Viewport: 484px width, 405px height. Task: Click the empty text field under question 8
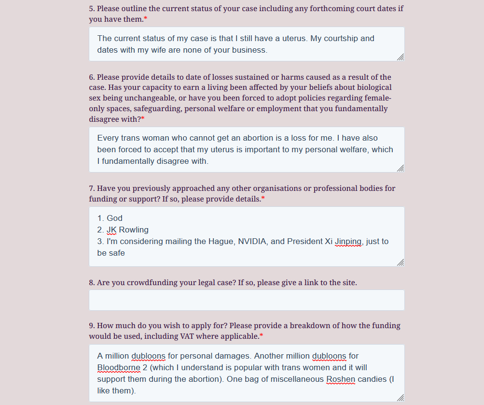click(247, 300)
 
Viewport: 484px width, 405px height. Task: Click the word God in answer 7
click(115, 218)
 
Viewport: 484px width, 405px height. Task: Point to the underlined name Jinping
click(348, 241)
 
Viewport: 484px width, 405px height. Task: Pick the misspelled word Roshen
click(341, 379)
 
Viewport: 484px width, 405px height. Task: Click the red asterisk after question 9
click(261, 336)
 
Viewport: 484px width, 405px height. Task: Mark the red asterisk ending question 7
click(263, 199)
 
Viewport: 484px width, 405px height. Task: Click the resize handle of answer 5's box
click(400, 57)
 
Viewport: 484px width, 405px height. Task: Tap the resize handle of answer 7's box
click(400, 262)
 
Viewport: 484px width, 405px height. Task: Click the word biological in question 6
click(369, 87)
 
